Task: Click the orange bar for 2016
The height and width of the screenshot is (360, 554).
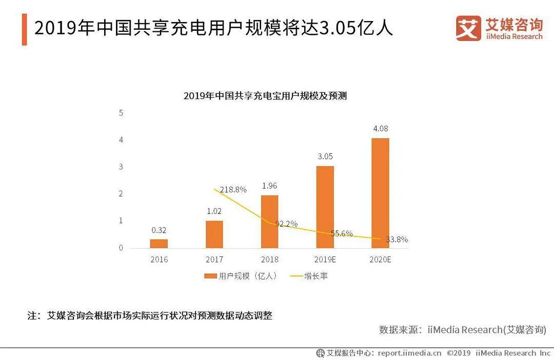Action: [x=159, y=244]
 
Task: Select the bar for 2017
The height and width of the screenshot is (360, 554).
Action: [x=214, y=234]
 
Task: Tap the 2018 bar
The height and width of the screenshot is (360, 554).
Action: [x=270, y=222]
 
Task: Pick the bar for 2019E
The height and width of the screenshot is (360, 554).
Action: [x=325, y=207]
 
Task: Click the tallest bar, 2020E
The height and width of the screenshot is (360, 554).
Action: [x=381, y=193]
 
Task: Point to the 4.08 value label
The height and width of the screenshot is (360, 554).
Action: [x=381, y=129]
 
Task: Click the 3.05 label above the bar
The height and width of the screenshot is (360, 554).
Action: [x=325, y=156]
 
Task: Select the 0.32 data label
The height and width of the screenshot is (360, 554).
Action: [x=159, y=230]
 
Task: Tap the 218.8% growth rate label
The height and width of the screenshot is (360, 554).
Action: [x=233, y=190]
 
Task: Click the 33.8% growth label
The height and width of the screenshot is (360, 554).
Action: [x=397, y=239]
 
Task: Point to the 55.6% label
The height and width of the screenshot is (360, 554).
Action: [x=342, y=233]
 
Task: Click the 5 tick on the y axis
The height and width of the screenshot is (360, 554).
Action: [x=121, y=113]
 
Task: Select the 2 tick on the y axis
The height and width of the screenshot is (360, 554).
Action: [x=121, y=194]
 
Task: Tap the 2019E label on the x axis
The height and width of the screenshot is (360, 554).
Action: [x=325, y=259]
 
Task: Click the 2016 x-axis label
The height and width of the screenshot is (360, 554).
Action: [x=159, y=259]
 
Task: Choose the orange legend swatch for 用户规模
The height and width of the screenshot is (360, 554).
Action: [x=211, y=276]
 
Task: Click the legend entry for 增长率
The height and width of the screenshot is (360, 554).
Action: [x=309, y=276]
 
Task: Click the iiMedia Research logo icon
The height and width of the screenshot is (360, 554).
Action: [x=468, y=28]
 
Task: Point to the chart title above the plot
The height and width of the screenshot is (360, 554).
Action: [x=265, y=96]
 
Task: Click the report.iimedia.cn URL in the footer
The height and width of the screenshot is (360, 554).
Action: [x=409, y=353]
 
